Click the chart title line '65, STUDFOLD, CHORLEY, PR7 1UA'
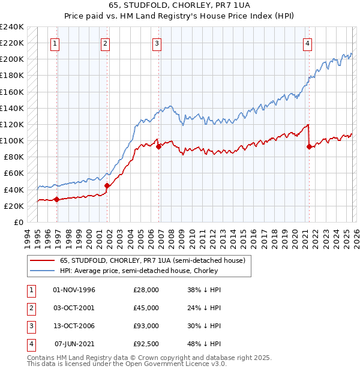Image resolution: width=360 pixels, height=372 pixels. point(179,5)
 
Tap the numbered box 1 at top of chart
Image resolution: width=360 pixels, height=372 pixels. point(55,43)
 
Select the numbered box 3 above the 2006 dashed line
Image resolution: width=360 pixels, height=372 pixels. point(156,43)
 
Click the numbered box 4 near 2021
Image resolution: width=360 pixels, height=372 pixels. point(307,43)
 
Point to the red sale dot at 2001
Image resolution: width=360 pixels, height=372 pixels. point(107,185)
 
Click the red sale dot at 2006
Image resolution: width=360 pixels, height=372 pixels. point(158,146)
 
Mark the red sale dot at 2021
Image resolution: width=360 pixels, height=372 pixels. point(309,146)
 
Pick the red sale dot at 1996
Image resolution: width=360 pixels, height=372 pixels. point(56,199)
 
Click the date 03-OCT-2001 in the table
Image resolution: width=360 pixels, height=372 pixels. point(74,308)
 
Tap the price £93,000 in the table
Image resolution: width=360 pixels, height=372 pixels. point(146,326)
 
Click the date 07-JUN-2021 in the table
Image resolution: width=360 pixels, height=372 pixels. point(74,344)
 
